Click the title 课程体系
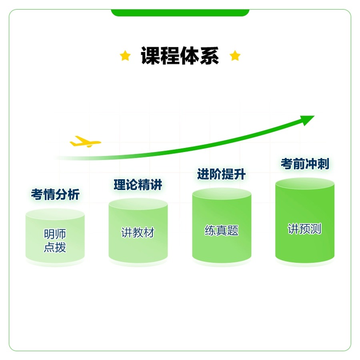pos(180,56)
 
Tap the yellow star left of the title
pos(125,56)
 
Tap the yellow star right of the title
pos(235,56)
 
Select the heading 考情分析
pos(55,195)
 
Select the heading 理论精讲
pos(138,185)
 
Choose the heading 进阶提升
pos(221,174)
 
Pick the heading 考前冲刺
pos(305,164)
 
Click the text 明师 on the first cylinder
pos(55,234)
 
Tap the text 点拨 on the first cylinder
pos(55,248)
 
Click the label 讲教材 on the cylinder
pos(138,233)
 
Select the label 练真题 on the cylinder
pos(222,230)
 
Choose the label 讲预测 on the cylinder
pos(305,229)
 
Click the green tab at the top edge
pos(180,12)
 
